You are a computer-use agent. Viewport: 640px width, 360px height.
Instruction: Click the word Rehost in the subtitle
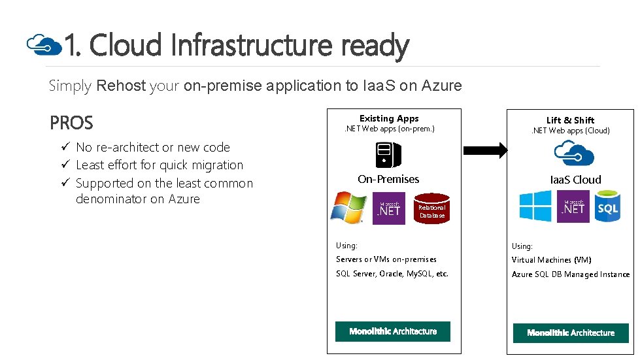(121, 86)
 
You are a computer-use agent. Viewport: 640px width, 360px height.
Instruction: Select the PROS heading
(71, 123)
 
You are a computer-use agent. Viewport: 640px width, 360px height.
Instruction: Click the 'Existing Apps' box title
(389, 118)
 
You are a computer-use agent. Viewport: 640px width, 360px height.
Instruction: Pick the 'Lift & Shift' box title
(570, 120)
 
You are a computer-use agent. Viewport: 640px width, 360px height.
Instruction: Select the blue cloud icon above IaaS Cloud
(573, 154)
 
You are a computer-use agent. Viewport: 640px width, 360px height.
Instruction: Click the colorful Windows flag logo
(348, 208)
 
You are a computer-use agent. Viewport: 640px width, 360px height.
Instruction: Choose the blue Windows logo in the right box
(535, 206)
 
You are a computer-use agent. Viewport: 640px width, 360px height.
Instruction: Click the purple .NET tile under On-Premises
(388, 208)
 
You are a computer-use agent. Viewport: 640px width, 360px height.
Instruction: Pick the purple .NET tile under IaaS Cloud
(573, 206)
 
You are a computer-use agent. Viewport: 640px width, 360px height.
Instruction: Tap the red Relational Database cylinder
(431, 208)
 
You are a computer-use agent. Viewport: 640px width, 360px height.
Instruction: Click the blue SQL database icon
(607, 206)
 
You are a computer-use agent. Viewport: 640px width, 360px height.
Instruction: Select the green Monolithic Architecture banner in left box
(393, 331)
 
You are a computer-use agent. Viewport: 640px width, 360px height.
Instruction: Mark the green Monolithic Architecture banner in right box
(571, 333)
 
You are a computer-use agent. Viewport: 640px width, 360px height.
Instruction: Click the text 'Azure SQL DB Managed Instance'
(571, 274)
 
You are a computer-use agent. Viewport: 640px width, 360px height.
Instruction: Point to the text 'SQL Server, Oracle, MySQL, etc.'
(392, 274)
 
